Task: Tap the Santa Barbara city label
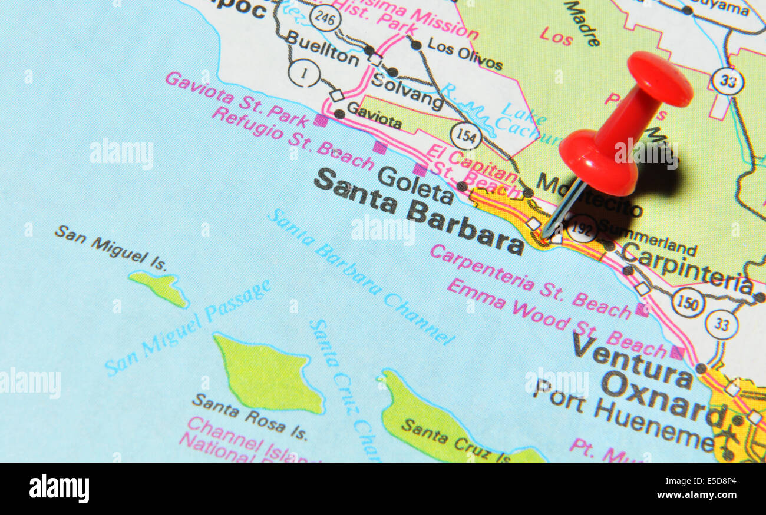pyautogui.click(x=418, y=211)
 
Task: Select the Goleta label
pyautogui.click(x=415, y=184)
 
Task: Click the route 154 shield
pyautogui.click(x=465, y=136)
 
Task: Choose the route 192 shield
pyautogui.click(x=582, y=229)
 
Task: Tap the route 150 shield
pyautogui.click(x=688, y=303)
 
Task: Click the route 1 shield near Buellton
pyautogui.click(x=304, y=73)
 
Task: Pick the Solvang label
pyautogui.click(x=407, y=91)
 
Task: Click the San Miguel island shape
pyautogui.click(x=159, y=288)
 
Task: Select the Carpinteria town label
pyautogui.click(x=687, y=267)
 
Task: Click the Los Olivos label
pyautogui.click(x=464, y=54)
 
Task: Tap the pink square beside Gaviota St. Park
pyautogui.click(x=321, y=121)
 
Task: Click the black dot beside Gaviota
pyautogui.click(x=339, y=114)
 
